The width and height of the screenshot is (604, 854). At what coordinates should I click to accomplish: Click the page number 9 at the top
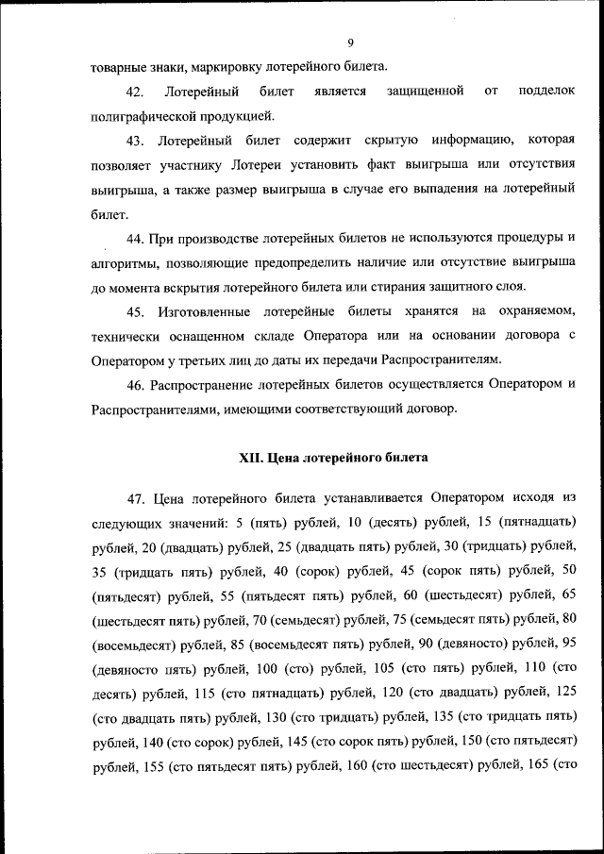349,43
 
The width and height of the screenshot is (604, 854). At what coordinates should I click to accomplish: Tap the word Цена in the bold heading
284,458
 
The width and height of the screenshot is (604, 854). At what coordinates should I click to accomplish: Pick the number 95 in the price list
568,644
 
